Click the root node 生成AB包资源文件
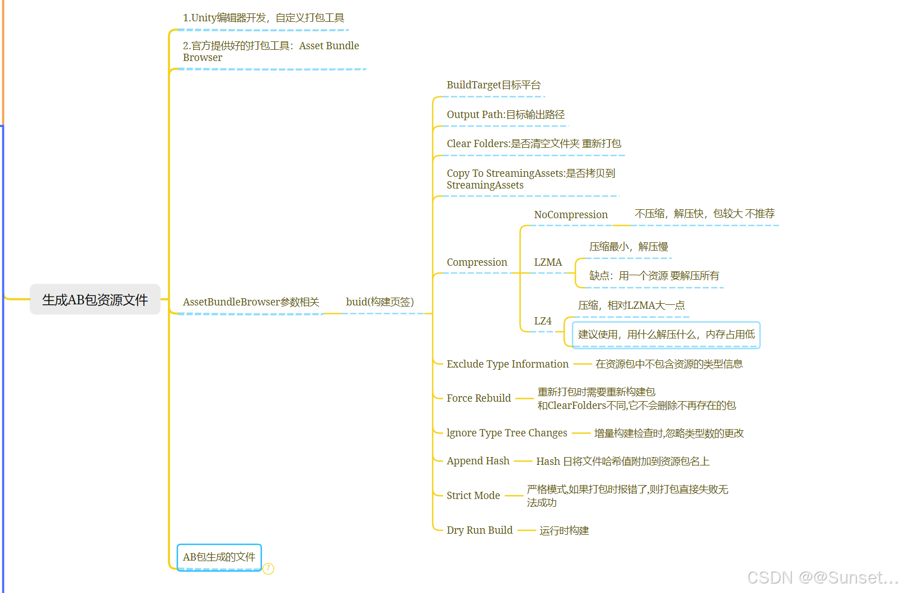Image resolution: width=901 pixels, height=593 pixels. coord(95,300)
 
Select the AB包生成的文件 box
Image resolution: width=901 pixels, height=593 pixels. coord(219,557)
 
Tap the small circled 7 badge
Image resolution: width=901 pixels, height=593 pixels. coord(269,568)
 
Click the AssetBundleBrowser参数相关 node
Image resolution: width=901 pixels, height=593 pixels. coord(251,302)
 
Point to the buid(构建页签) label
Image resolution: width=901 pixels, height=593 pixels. coord(379,302)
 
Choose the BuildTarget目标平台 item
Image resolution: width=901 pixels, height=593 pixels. coord(493,85)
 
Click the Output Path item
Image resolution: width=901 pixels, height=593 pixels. coord(505,115)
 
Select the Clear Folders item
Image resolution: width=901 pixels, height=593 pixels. coord(533,144)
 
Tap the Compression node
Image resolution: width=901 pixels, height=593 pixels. coord(477,262)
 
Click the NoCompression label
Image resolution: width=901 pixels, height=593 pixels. coord(570,215)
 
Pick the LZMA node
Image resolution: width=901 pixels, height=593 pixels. coord(548,262)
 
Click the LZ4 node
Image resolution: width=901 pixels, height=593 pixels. coord(542,321)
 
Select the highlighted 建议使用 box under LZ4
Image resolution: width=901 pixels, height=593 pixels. coord(666,335)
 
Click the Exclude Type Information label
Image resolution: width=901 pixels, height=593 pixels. coord(507,364)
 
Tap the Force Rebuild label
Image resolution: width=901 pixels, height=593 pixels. coord(478,398)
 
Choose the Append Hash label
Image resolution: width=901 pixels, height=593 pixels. coord(478,461)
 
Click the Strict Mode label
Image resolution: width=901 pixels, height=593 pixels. coord(473,496)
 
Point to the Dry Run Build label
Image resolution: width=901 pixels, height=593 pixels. coord(479,530)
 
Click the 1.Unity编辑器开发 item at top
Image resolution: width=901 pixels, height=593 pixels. coord(263,18)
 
